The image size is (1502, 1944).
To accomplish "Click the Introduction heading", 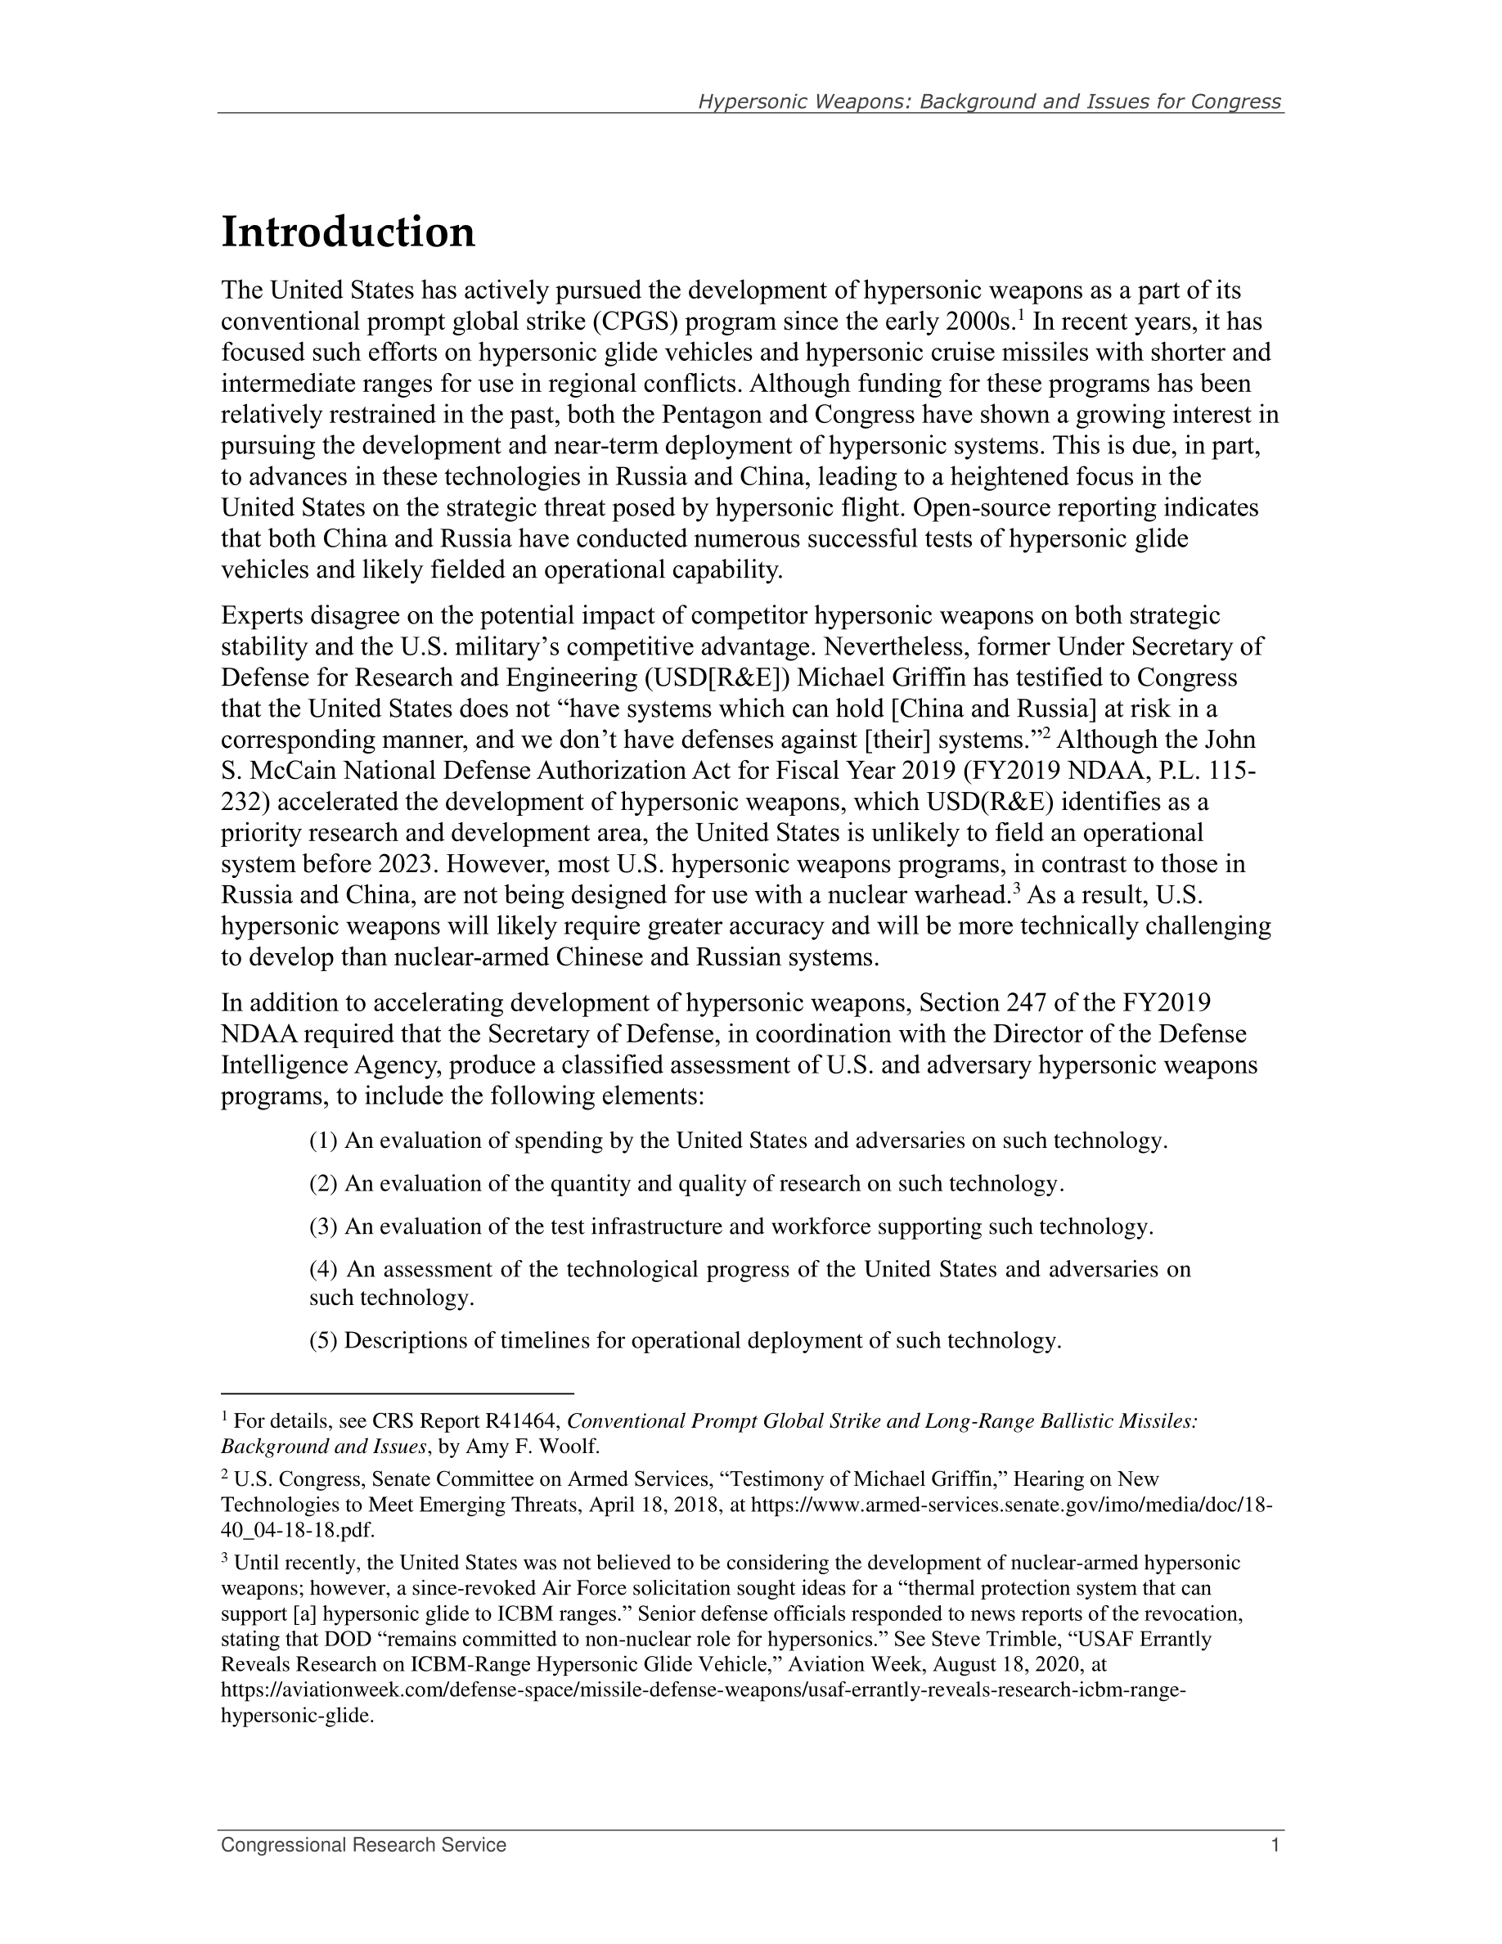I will pos(348,233).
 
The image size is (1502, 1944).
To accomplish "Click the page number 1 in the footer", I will pos(1275,1845).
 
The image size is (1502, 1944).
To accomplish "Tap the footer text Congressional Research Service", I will pos(363,1845).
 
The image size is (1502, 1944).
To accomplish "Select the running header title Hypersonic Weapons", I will pos(988,101).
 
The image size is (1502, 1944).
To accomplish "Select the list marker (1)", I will pos(323,1141).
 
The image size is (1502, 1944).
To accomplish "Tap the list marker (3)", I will pos(323,1227).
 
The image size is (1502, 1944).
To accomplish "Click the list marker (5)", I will pos(323,1340).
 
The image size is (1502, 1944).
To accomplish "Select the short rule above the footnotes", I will pos(397,1393).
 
